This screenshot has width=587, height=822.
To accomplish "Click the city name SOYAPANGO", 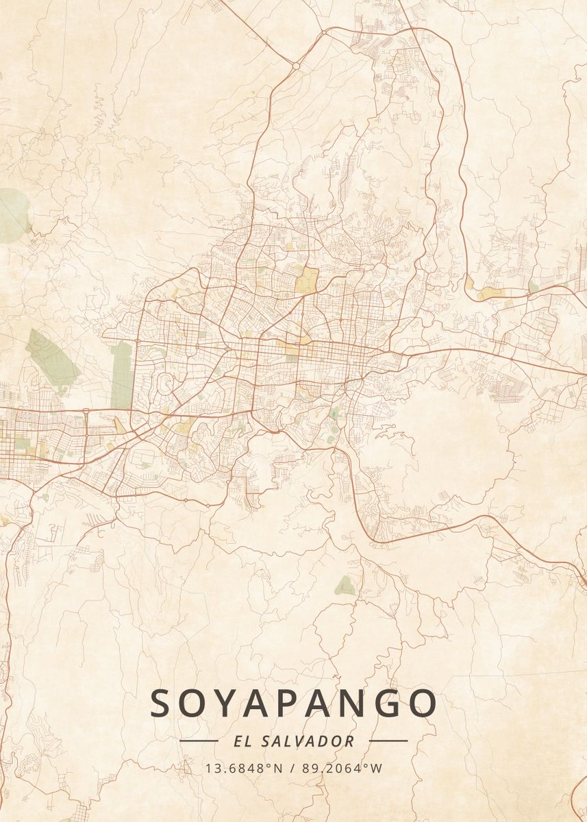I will pos(293,703).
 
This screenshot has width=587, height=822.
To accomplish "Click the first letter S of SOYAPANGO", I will pos(162,703).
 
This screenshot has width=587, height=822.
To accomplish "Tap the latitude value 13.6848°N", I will pos(244,768).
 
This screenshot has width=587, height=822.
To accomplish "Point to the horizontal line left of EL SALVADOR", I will pos(199,740).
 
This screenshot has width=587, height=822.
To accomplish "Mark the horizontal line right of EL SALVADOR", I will pos(388,740).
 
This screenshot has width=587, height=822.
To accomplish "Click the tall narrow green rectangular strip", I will pos(121,376).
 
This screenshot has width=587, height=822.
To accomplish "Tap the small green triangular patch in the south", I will pos(345,585).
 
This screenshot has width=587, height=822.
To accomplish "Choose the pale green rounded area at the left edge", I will pos(12,212).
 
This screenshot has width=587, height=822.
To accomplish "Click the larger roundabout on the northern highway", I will pos(296,66).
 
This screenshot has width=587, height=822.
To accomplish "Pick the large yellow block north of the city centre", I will pos(308,279).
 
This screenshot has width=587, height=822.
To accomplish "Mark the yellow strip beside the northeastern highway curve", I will pos(490,293).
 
